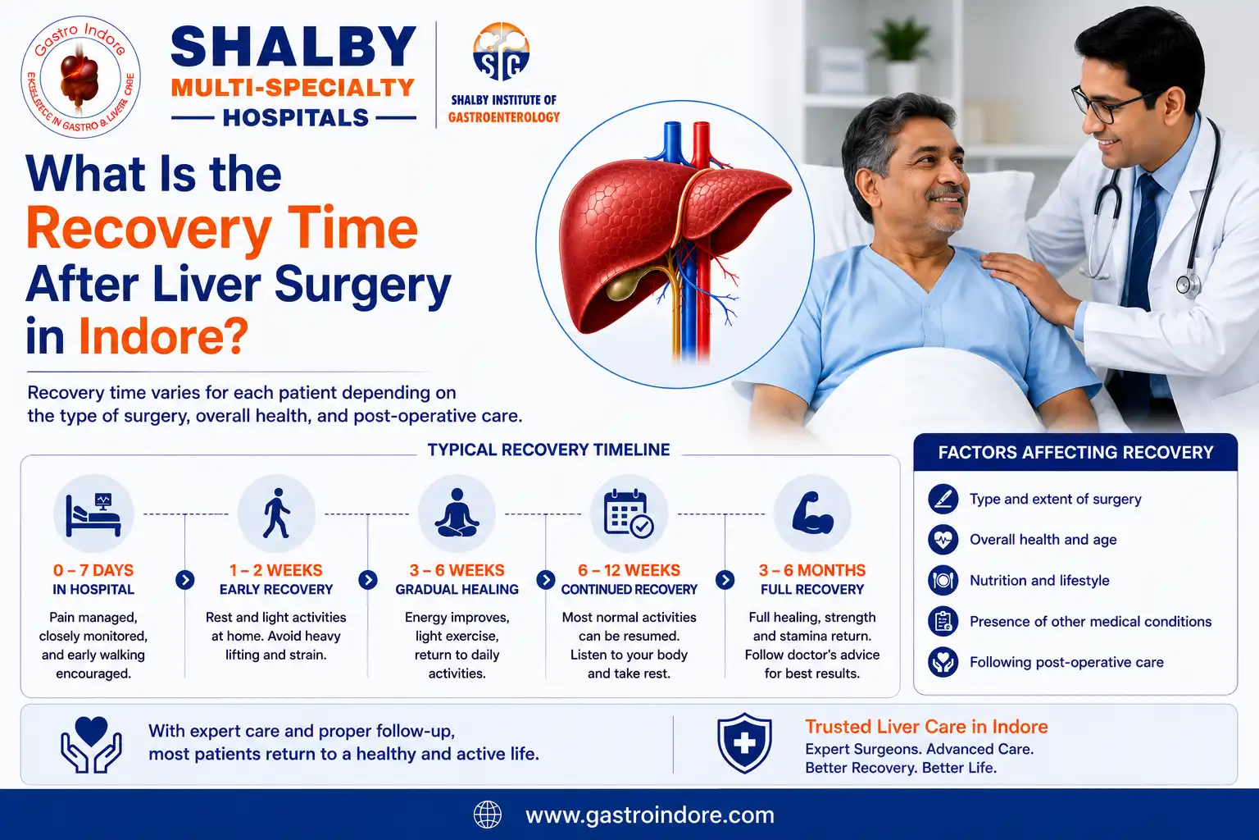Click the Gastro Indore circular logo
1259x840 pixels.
(80, 76)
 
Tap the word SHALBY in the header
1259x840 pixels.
(293, 48)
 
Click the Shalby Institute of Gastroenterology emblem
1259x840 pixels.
(501, 52)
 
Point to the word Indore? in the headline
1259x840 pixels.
(164, 336)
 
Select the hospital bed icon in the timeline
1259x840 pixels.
(93, 514)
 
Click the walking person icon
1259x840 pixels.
(276, 514)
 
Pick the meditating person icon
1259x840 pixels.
(457, 513)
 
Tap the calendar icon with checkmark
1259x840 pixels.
(629, 514)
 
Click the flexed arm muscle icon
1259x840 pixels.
(812, 513)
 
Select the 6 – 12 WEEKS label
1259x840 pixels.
(629, 570)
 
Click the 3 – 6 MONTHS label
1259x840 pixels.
(812, 570)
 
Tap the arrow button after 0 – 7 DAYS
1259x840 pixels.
(185, 580)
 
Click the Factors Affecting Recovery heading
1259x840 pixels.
(1075, 452)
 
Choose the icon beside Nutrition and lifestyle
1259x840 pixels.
(943, 580)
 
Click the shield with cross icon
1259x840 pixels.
(744, 742)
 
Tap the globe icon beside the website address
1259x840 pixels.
(488, 815)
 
